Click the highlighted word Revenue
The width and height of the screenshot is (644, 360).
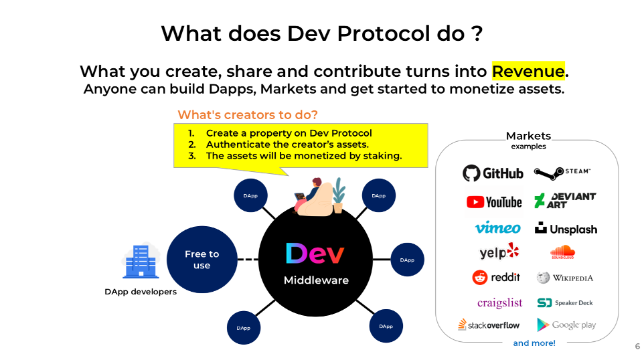528,71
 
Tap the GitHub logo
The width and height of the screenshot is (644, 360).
493,173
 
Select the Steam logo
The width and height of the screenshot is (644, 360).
562,173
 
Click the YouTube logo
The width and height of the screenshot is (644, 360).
494,202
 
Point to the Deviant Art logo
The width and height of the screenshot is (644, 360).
565,200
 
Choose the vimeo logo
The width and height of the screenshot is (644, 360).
498,228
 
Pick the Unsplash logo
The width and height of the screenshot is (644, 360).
566,229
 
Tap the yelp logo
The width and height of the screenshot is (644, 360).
499,251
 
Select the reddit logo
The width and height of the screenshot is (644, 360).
496,278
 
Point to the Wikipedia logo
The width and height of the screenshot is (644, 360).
565,278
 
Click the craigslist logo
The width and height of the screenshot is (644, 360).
499,303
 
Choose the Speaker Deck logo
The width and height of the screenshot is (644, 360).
565,303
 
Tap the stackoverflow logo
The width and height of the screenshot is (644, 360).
489,325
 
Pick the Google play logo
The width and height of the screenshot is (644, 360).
566,325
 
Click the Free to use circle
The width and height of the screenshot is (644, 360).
202,260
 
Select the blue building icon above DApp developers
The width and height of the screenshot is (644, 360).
141,261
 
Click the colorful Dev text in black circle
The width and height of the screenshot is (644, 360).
315,254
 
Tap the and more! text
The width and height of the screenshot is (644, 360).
534,343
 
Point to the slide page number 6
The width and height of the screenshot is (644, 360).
637,346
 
